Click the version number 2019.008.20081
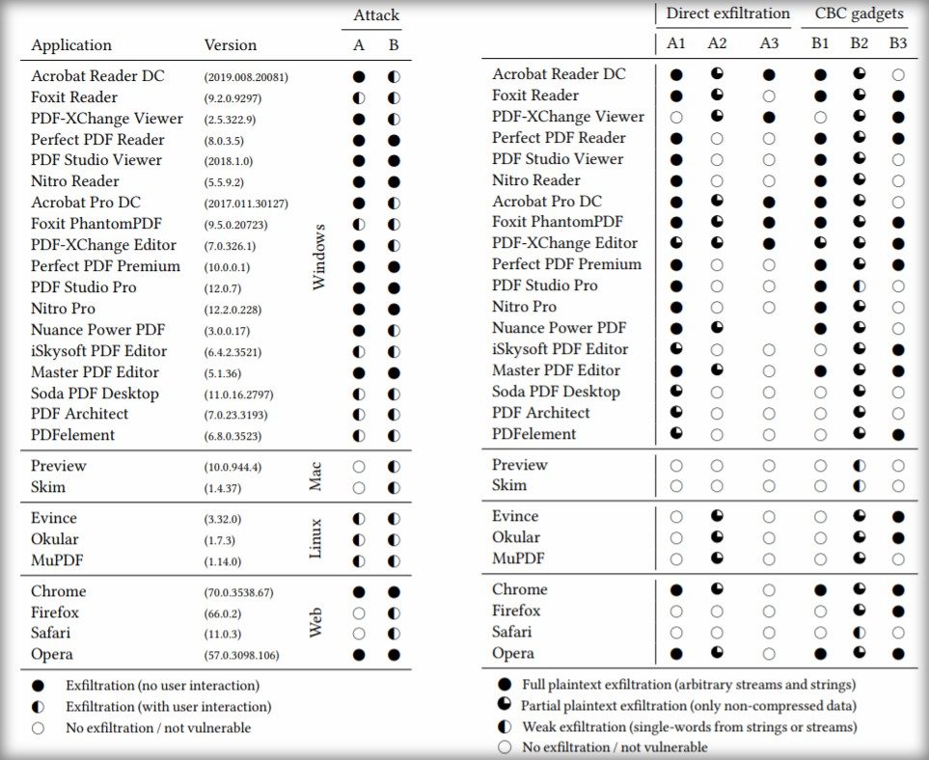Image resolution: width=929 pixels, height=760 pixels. pos(245,76)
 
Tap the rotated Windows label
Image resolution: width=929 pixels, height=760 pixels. pos(319,256)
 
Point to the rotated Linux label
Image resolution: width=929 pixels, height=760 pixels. pos(315,539)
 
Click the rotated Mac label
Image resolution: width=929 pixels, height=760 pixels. pos(315,476)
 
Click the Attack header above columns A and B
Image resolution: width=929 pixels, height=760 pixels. pos(375,15)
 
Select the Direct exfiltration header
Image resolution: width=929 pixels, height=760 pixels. pos(727,14)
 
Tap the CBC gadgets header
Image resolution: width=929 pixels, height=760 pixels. pos(859,14)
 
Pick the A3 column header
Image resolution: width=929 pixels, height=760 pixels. pos(769,43)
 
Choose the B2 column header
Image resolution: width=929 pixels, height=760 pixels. pos(859,43)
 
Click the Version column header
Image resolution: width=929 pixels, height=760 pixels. pos(231,45)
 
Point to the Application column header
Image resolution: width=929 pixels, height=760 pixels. pos(71,45)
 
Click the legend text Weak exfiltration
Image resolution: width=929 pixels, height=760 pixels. pos(689,726)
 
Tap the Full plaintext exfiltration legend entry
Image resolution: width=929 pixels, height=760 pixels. pos(688,684)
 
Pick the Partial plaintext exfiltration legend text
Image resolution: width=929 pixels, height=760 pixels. pos(687,705)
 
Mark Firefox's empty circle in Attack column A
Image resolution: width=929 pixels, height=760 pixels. pos(359,613)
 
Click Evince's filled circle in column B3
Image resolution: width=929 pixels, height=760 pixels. pos(898,517)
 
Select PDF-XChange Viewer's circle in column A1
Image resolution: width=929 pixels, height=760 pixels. pos(676,117)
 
